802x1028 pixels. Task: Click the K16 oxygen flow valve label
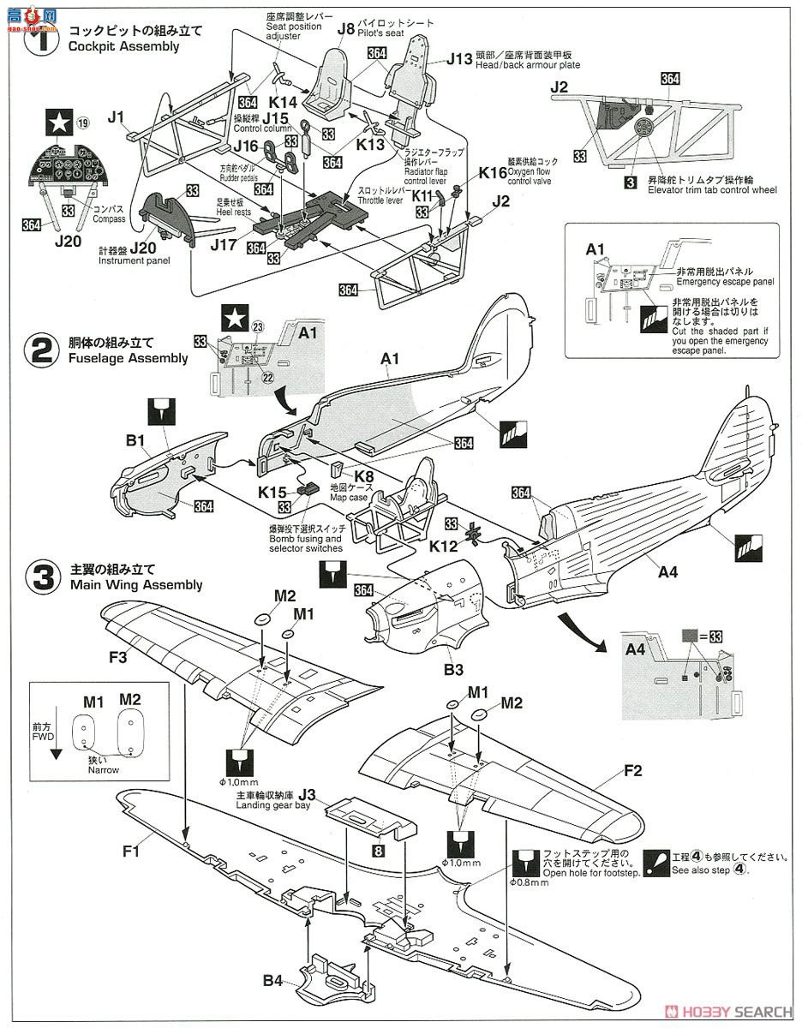point(493,173)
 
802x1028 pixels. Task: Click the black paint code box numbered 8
point(377,851)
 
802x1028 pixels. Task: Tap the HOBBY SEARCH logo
point(733,1011)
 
